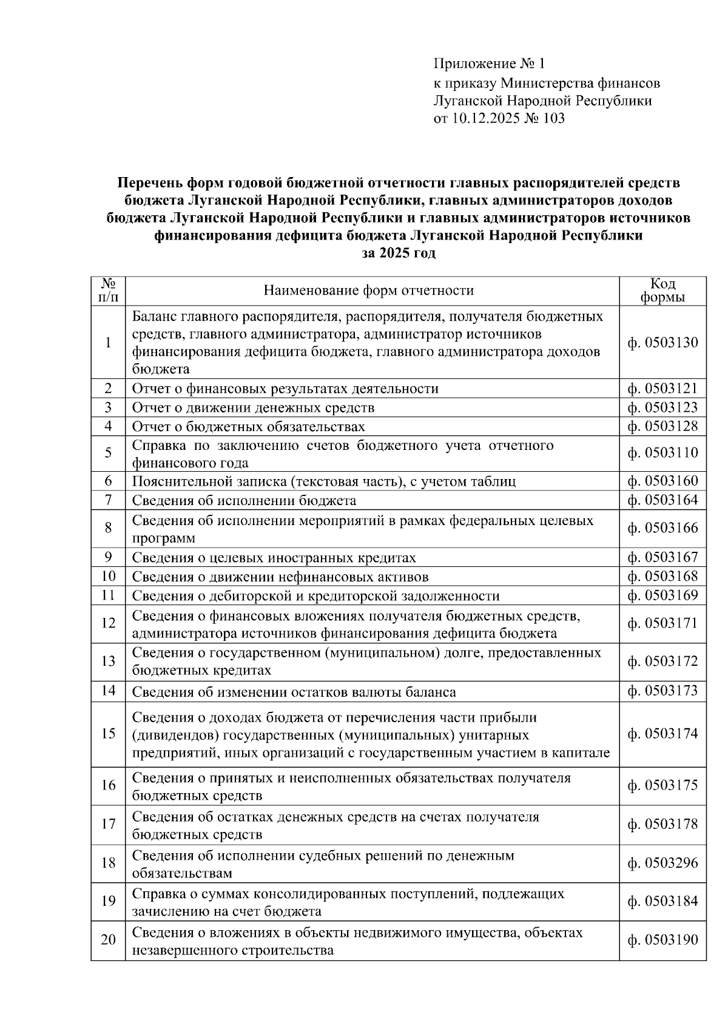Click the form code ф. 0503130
point(662,343)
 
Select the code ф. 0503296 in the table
point(662,863)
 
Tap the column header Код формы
point(662,290)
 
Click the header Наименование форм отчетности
point(368,290)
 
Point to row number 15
point(108,734)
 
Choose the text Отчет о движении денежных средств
point(253,407)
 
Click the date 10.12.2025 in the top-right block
point(485,118)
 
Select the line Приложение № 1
point(490,64)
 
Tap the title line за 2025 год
point(399,253)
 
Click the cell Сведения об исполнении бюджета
point(244,501)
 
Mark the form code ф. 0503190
point(662,940)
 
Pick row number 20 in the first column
point(108,940)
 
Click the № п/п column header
point(108,290)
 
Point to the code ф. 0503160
point(662,481)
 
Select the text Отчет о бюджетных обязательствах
point(248,427)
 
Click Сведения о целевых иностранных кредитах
point(274,558)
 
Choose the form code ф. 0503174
point(662,734)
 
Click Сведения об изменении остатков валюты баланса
point(294,692)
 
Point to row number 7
point(108,500)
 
